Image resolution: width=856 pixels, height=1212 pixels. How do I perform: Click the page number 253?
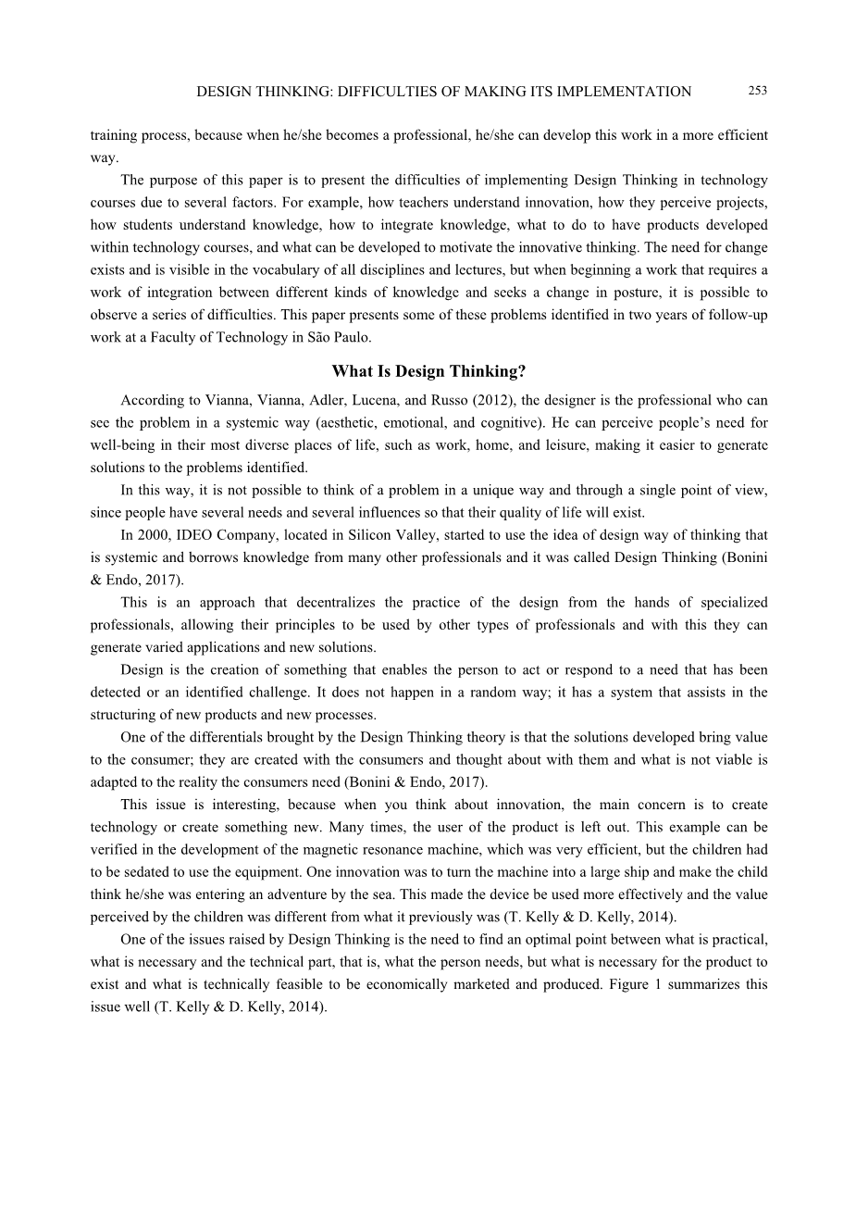pos(757,91)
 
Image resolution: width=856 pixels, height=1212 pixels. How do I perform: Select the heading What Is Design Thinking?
pos(428,372)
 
